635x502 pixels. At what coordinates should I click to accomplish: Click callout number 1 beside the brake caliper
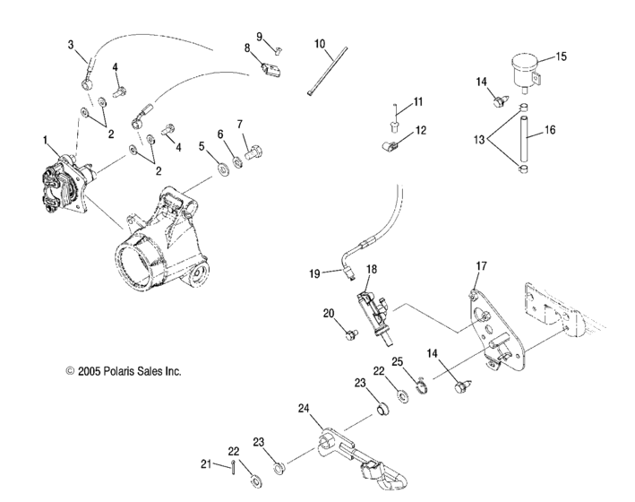(x=45, y=140)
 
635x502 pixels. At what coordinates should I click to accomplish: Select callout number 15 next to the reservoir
(x=561, y=56)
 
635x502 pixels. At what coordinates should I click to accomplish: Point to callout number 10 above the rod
(x=321, y=43)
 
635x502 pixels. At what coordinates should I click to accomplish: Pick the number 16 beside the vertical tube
(x=550, y=129)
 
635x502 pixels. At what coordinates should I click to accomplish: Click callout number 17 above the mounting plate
(x=481, y=265)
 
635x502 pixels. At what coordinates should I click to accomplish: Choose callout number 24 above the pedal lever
(x=305, y=408)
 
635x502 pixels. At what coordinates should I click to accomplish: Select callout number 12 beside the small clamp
(x=420, y=130)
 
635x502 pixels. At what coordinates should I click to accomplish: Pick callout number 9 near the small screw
(x=260, y=37)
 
